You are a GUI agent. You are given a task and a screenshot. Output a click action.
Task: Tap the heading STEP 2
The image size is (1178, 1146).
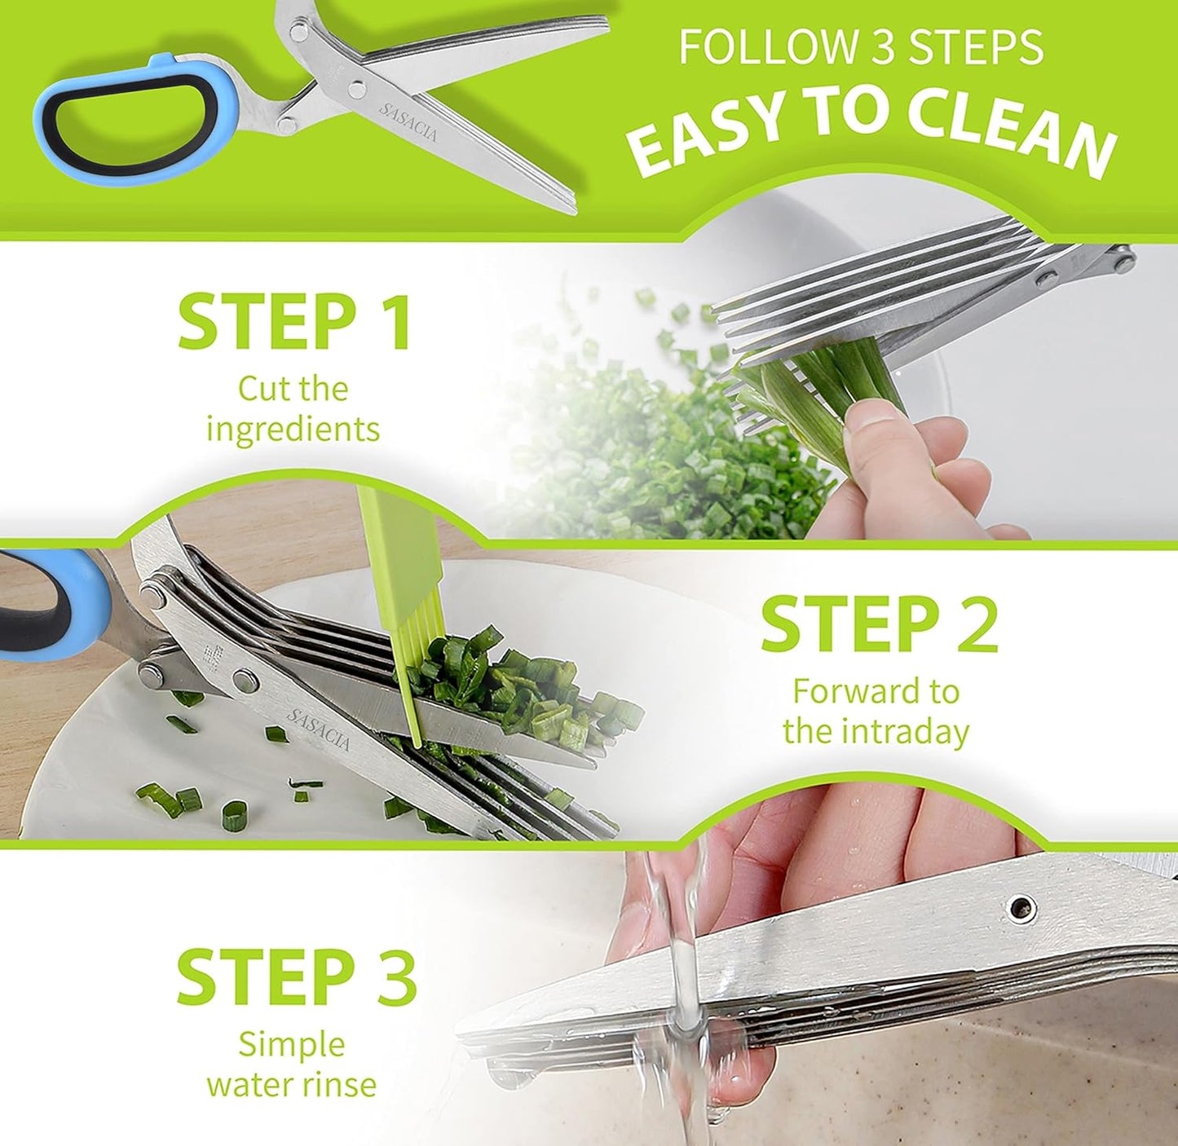click(x=879, y=625)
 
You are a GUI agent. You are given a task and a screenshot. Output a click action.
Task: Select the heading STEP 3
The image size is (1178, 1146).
click(x=296, y=976)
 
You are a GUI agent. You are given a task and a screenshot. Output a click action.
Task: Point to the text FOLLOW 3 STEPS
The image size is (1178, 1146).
click(x=861, y=47)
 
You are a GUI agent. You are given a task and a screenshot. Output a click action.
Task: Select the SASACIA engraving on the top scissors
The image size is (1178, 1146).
click(x=408, y=122)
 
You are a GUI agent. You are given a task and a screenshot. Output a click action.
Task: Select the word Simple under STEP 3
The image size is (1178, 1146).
click(x=291, y=1044)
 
